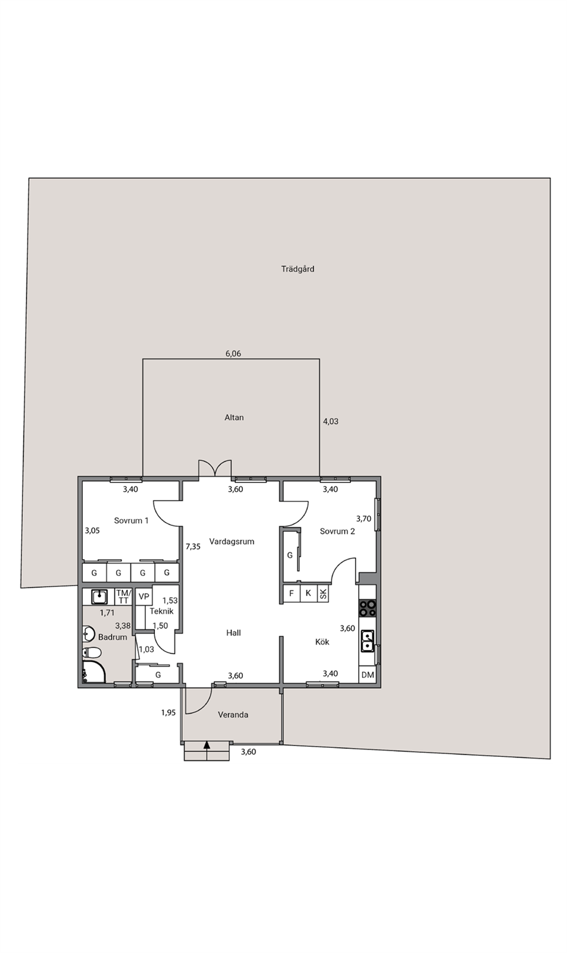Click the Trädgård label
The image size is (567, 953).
298,269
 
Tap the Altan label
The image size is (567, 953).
234,417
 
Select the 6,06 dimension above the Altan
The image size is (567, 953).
233,353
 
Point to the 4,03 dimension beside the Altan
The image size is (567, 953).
330,421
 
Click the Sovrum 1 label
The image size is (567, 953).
131,520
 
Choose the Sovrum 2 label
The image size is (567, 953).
337,531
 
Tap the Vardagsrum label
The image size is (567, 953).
232,541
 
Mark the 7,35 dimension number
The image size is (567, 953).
193,547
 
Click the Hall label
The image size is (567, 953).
234,633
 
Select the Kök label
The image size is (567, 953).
322,641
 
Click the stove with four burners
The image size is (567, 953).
368,608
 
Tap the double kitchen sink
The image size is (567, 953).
368,641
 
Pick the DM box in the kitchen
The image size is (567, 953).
368,675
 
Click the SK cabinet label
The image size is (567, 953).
324,593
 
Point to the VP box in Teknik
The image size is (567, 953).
144,596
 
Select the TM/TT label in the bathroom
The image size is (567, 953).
124,596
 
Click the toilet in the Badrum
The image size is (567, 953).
92,652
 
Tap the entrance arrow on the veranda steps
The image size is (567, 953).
207,745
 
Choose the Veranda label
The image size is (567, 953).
233,715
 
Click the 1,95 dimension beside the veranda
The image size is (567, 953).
168,712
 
